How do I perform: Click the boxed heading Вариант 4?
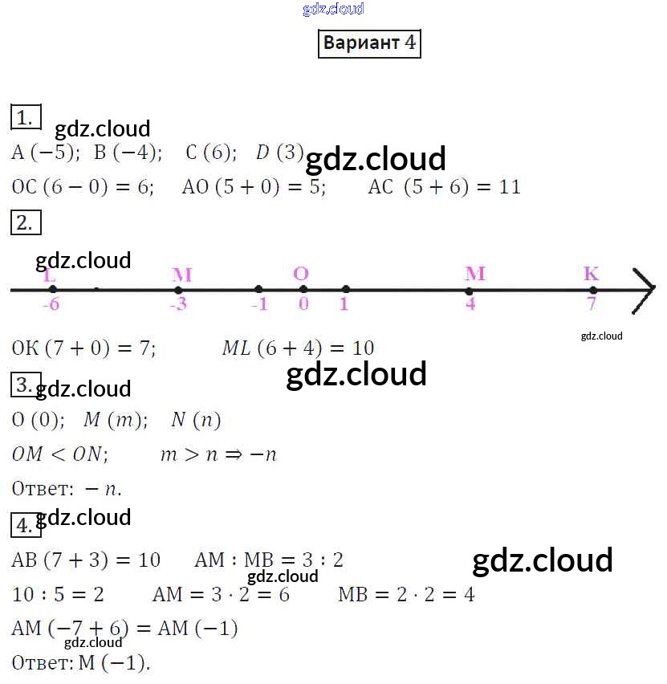[369, 43]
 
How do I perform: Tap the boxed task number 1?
[25, 117]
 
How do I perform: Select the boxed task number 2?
[25, 222]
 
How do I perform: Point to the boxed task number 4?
[25, 526]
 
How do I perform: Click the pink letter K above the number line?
[591, 274]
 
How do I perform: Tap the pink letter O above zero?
[301, 274]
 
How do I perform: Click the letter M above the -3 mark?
[181, 275]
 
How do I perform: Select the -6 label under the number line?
[51, 304]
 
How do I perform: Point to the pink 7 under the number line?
[592, 304]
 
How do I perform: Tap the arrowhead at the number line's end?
[645, 289]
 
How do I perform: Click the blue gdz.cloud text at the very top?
[333, 9]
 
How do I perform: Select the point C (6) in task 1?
[210, 152]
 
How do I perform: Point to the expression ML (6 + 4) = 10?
[298, 348]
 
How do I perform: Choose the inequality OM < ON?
[59, 454]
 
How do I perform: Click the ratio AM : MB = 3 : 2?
[268, 560]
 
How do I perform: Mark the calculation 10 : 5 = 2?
[59, 595]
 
